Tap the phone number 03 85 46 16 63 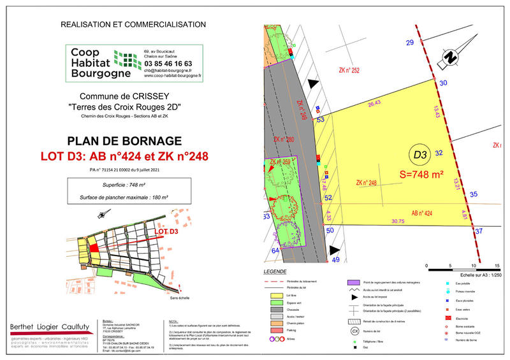(x=168, y=64)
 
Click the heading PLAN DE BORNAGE (x=133, y=141)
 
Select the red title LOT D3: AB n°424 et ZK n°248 (x=133, y=155)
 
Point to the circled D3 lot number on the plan (x=419, y=155)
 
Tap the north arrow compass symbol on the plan (x=451, y=57)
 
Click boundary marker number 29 (x=410, y=43)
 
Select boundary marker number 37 (x=479, y=232)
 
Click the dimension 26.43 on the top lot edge (x=374, y=103)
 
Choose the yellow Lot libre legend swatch (x=276, y=296)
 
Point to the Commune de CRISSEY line (x=133, y=96)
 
